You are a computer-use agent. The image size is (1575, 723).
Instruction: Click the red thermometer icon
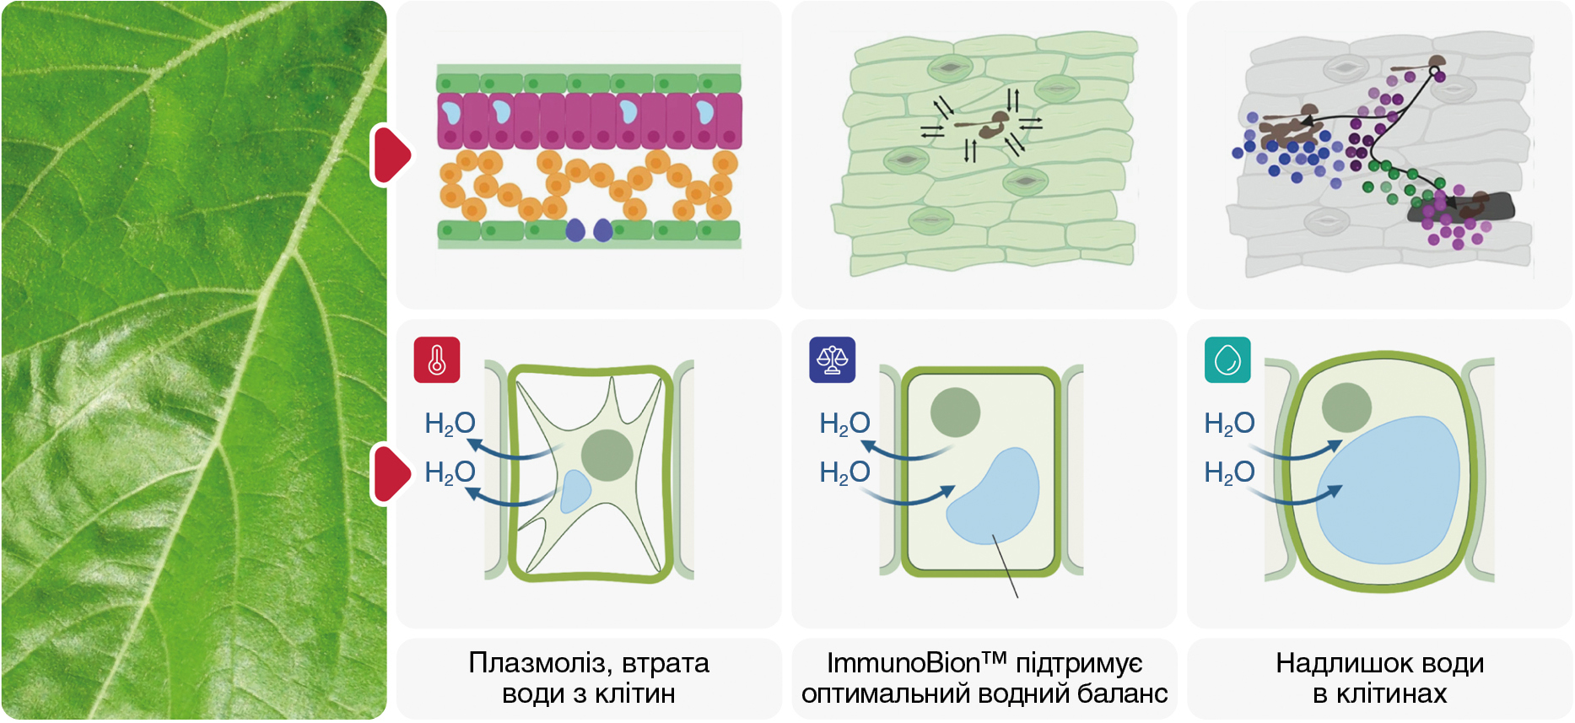pos(437,360)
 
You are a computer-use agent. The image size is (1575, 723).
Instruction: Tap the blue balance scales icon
pos(832,360)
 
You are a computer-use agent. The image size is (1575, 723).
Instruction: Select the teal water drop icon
pos(1227,360)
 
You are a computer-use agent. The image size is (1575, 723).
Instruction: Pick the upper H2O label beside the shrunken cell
pos(450,424)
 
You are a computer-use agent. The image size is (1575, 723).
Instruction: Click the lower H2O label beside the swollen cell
pos(1229,472)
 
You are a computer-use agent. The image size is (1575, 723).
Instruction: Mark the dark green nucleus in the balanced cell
pos(955,412)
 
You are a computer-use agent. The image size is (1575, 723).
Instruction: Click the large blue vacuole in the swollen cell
pos(1388,489)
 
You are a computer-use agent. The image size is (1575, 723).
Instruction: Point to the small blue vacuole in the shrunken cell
pos(576,491)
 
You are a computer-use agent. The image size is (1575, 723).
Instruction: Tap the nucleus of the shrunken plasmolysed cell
pos(607,456)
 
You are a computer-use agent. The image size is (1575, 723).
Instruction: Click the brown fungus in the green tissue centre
pos(991,125)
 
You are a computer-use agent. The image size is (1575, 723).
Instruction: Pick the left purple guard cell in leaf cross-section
pos(575,229)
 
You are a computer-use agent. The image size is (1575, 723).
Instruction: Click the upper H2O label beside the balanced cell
pos(844,424)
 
